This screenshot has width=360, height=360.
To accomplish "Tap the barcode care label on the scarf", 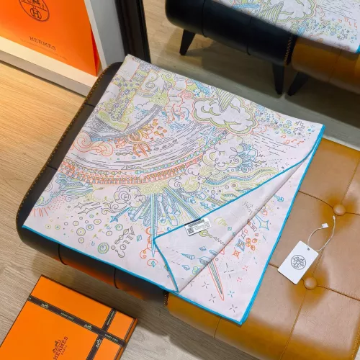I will [x=198, y=228].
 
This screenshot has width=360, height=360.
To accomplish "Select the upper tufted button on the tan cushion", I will [x=338, y=209].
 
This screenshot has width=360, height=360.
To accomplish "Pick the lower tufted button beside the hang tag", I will [x=311, y=282].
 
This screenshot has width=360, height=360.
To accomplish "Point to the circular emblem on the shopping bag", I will [x=34, y=9].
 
